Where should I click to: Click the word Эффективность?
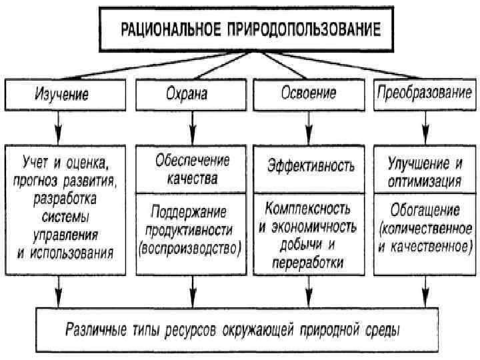[311, 165]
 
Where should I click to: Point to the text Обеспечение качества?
[192, 169]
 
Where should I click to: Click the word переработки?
[307, 262]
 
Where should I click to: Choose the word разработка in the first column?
[65, 198]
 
